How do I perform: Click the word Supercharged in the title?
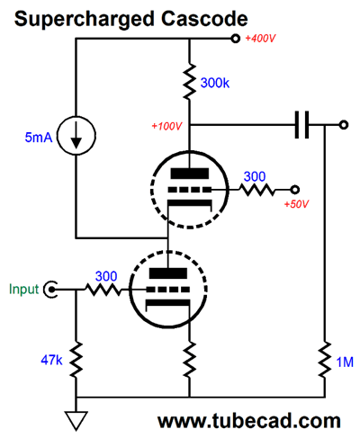tap(85, 20)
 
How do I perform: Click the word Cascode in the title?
tap(204, 19)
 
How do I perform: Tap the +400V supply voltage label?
tap(260, 39)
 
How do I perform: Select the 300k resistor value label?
tap(215, 83)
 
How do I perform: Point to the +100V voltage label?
tap(166, 126)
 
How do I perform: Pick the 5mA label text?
tap(39, 138)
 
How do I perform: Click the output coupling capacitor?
tap(301, 125)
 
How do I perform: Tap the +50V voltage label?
tap(296, 204)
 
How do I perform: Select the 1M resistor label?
tap(345, 362)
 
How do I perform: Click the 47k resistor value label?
tap(51, 360)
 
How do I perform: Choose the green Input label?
tap(24, 290)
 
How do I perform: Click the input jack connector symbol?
tap(50, 290)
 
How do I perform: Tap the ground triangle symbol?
tap(76, 421)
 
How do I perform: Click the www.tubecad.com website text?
tap(249, 421)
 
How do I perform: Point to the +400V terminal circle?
tap(236, 39)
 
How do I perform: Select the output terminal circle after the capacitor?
tap(344, 125)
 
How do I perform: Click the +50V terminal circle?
tap(295, 190)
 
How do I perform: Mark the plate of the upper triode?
tap(190, 174)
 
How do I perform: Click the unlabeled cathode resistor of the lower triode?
tap(190, 359)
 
